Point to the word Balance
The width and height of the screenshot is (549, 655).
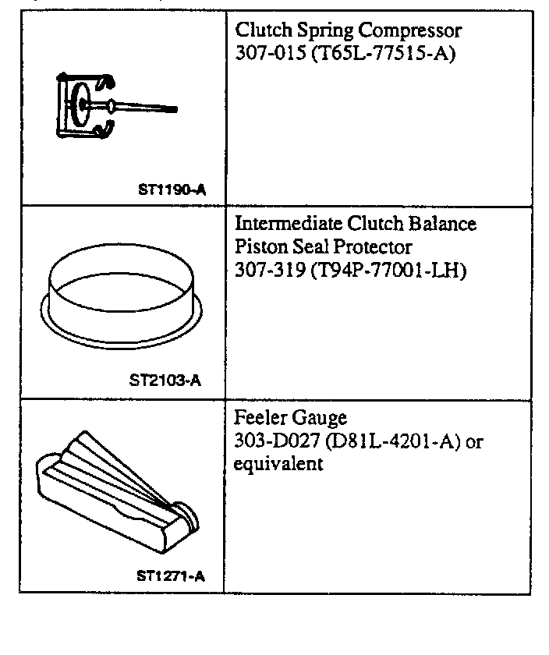pos(441,224)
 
